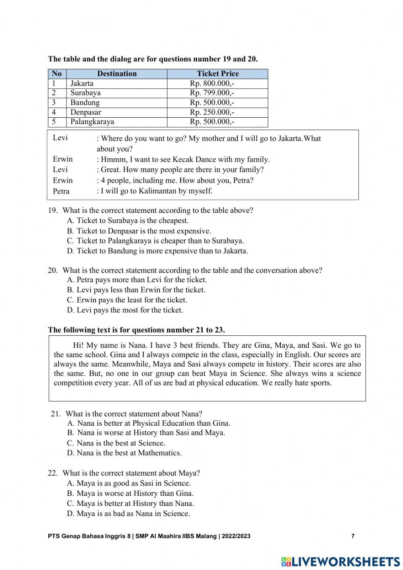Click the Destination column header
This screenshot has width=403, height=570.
(x=117, y=74)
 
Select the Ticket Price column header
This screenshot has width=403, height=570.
(x=218, y=74)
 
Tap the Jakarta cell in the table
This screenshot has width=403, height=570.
(x=82, y=83)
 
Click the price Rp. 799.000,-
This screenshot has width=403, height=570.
(x=212, y=93)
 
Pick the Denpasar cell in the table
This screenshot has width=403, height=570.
(x=85, y=112)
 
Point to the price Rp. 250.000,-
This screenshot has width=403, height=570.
(x=212, y=112)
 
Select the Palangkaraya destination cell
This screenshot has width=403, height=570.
(x=92, y=122)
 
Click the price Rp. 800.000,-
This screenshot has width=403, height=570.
(x=212, y=83)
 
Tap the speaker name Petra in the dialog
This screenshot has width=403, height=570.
(x=61, y=191)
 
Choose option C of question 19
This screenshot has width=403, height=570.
(x=155, y=241)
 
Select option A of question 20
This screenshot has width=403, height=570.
(x=137, y=280)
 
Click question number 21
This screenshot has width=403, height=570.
(x=56, y=414)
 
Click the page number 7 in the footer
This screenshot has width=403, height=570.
(x=353, y=536)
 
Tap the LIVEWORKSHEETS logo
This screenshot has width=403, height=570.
(x=341, y=562)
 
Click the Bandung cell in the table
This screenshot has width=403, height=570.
(x=85, y=103)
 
